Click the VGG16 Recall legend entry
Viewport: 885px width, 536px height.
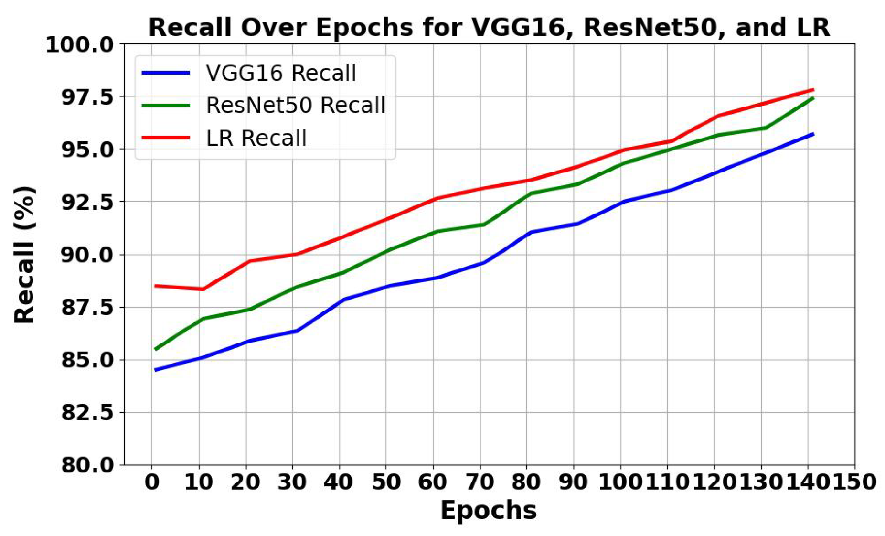click(x=281, y=73)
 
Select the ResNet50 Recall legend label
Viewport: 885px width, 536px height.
click(x=295, y=105)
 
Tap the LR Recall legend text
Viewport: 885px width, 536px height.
click(x=256, y=138)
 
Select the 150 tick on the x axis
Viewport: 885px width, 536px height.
click(x=855, y=482)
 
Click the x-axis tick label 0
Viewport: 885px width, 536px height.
click(x=152, y=482)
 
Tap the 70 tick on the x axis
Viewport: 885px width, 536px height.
click(x=480, y=482)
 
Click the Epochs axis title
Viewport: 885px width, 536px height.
click(x=488, y=510)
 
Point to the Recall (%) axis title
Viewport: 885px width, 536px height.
click(x=24, y=254)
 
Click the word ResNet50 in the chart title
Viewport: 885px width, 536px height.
click(x=650, y=27)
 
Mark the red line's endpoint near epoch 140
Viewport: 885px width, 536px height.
click(x=813, y=89)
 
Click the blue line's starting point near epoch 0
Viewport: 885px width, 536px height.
click(x=156, y=370)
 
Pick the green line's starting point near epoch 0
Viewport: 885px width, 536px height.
click(x=156, y=349)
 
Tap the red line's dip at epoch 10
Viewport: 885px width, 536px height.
click(x=203, y=289)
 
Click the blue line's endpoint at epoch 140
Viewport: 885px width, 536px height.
click(x=813, y=134)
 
